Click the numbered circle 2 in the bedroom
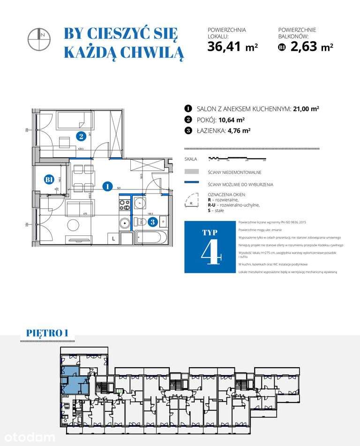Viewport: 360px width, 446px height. pyautogui.click(x=82, y=136)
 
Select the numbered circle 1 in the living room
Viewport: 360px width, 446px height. pyautogui.click(x=107, y=186)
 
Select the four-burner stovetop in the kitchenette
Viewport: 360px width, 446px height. pyautogui.click(x=125, y=205)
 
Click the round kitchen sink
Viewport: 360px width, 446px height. pyautogui.click(x=125, y=223)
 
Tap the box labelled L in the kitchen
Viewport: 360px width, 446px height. pyautogui.click(x=114, y=238)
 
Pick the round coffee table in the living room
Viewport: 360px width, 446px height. pyautogui.click(x=73, y=224)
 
